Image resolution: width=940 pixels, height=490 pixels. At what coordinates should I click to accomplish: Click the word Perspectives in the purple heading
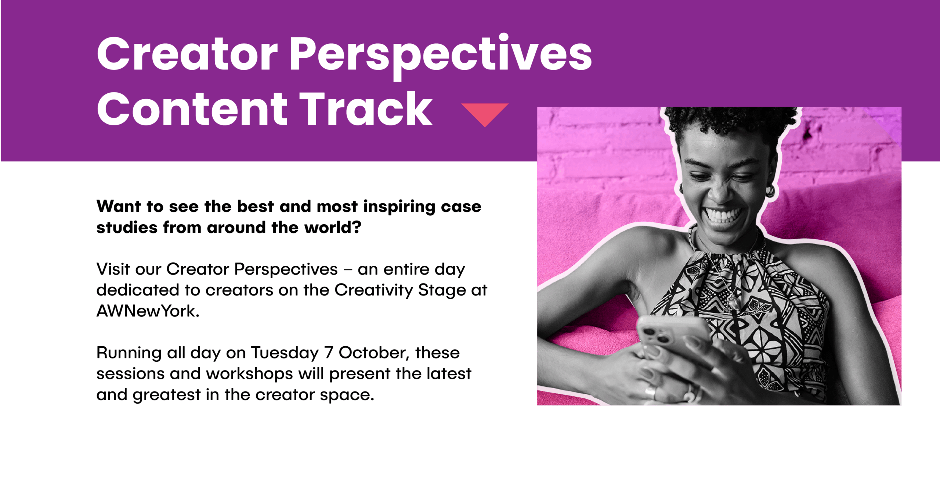tap(441, 55)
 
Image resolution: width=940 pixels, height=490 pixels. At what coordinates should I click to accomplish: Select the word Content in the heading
tap(192, 109)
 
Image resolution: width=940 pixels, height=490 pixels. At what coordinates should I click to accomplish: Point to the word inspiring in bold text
tap(399, 207)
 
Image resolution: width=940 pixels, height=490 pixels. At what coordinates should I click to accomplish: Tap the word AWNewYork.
tap(148, 311)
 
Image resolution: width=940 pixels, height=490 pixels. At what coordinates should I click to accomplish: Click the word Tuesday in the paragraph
tap(285, 353)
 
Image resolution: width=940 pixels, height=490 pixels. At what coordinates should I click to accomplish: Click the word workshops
tap(249, 374)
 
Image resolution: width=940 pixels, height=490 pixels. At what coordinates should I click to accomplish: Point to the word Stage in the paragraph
tap(442, 290)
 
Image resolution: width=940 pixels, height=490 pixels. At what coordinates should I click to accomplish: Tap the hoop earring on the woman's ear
tap(770, 191)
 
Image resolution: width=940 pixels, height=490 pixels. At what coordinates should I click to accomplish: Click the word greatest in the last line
tap(167, 395)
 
